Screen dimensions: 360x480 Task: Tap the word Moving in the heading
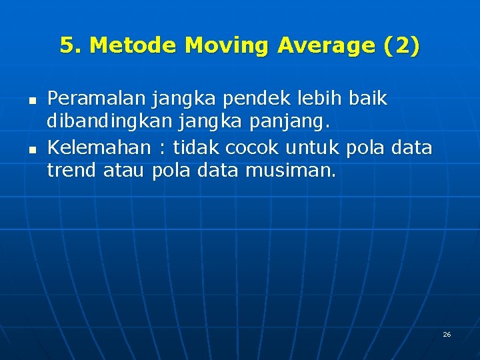[227, 45]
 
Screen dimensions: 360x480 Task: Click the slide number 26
[447, 334]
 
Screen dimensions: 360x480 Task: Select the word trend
[72, 171]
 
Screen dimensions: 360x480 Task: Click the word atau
[125, 171]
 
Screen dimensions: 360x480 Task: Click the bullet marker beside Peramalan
[31, 100]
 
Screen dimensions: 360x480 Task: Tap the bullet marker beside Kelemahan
[31, 148]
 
